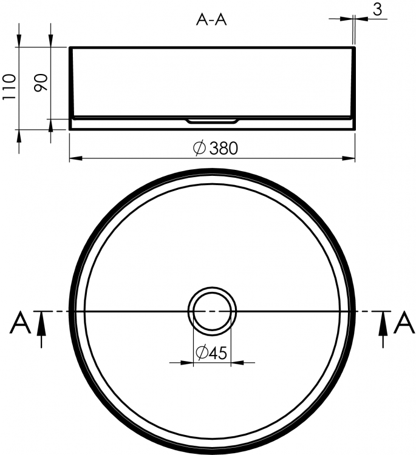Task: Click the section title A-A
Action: coord(211,20)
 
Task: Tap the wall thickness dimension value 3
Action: coord(377,9)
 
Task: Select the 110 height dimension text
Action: coord(9,87)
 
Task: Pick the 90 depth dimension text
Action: coord(41,83)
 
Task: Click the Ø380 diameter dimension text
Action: coord(216,148)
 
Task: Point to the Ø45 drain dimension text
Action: coord(211,352)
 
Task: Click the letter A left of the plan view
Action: coord(20,322)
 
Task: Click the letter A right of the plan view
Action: coord(404,322)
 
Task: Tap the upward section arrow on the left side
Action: coord(41,329)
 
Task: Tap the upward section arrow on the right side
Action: coord(383,329)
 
